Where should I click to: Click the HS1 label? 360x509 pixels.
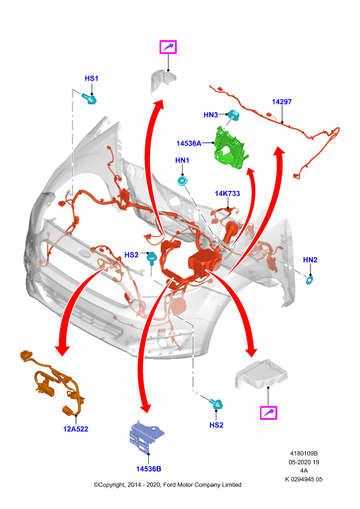91,78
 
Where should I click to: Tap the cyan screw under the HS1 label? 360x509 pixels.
89,99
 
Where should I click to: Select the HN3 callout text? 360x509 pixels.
211,115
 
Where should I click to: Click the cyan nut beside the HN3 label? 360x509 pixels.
233,115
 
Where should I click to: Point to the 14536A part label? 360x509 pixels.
189,143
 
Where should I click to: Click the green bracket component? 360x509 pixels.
231,148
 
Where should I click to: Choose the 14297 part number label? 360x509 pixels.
282,102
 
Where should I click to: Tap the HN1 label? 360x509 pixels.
182,160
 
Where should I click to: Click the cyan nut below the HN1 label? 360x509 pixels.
183,181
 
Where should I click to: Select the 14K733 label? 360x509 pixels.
227,193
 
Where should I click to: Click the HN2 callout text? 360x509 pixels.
310,260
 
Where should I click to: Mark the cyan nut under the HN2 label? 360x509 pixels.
310,280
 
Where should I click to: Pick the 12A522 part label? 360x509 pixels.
76,429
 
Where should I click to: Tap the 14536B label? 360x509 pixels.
149,469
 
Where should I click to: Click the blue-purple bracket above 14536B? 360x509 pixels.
146,436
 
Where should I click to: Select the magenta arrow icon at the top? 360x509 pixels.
168,47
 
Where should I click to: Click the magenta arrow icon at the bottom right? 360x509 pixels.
269,413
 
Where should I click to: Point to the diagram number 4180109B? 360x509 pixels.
304,453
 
